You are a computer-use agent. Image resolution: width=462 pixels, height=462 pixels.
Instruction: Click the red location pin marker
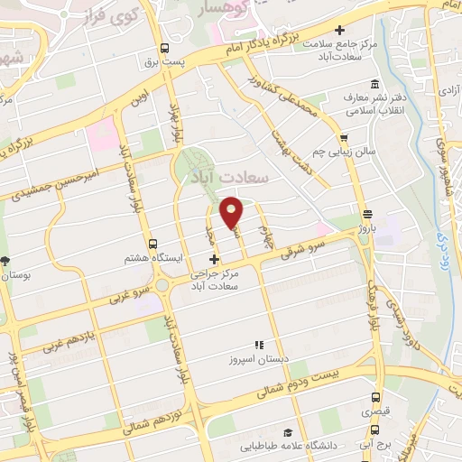[232, 212]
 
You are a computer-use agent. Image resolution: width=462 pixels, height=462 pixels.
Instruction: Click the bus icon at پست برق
[164, 49]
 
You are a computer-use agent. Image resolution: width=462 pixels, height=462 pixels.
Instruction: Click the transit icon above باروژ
[367, 214]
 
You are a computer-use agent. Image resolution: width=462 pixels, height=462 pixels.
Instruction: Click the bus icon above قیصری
[377, 397]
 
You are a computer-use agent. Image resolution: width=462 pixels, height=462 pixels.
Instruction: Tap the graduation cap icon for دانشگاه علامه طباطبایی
[287, 432]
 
